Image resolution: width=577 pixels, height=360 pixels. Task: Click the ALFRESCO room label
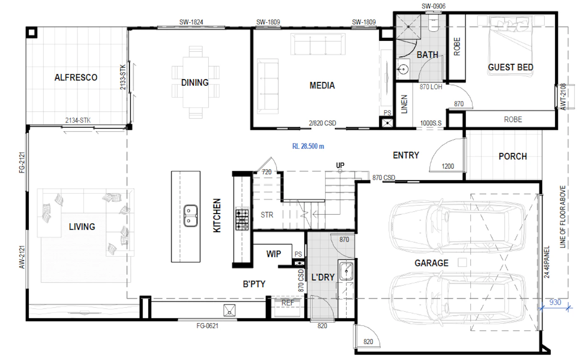click(x=76, y=77)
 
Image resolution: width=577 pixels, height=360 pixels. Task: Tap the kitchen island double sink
click(x=190, y=216)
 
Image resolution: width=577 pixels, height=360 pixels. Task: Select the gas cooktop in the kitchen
click(x=242, y=219)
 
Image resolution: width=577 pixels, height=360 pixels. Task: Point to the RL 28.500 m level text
click(x=308, y=146)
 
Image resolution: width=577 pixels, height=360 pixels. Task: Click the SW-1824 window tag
click(x=191, y=22)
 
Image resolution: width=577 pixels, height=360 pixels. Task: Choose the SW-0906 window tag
click(x=434, y=6)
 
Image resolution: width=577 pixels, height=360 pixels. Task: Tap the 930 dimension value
click(x=555, y=302)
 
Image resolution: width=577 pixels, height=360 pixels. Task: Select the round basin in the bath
click(x=403, y=69)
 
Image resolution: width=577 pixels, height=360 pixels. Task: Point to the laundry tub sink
click(x=346, y=271)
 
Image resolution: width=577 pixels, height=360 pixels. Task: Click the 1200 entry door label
click(x=448, y=166)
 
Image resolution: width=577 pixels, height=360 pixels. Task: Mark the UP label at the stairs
click(x=340, y=165)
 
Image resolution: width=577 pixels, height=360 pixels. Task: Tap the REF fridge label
click(x=288, y=303)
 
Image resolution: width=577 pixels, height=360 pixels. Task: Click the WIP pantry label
click(x=274, y=254)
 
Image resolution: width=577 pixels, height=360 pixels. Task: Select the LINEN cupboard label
click(x=404, y=104)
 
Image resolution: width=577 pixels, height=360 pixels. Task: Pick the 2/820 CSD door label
click(x=322, y=123)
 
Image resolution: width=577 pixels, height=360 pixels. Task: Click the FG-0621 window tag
click(x=207, y=326)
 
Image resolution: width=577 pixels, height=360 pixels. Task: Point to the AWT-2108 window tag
click(x=563, y=97)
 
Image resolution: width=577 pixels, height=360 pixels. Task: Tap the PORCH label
click(x=513, y=156)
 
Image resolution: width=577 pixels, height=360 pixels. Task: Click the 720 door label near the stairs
click(x=267, y=172)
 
